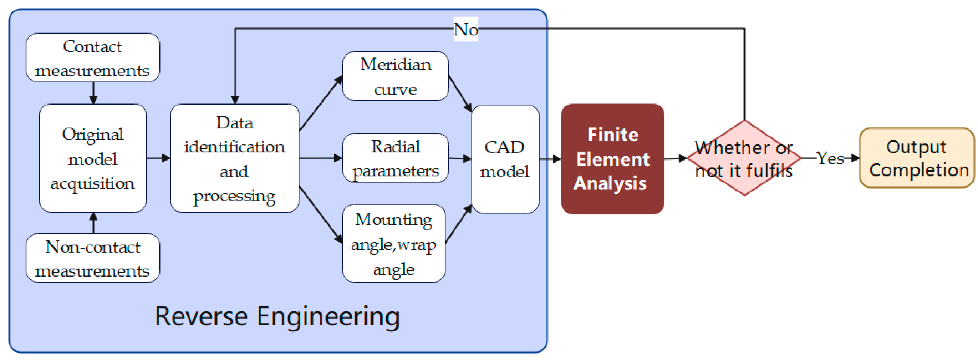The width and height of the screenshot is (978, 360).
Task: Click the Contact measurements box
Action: [x=93, y=57]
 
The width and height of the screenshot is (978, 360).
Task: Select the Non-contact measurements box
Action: [x=93, y=258]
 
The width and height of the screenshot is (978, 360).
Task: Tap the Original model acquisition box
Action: [x=93, y=158]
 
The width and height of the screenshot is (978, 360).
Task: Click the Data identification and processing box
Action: [x=235, y=158]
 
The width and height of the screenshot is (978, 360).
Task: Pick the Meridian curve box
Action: [x=396, y=76]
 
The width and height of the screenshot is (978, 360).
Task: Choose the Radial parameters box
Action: [x=396, y=158]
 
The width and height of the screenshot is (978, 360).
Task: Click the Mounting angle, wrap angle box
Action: [x=394, y=243]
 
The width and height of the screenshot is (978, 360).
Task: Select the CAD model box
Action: [x=505, y=159]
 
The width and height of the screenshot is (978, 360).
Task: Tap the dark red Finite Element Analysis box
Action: [x=612, y=159]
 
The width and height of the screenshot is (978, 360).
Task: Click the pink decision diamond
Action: [x=744, y=158]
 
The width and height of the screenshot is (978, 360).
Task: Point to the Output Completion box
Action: [x=917, y=158]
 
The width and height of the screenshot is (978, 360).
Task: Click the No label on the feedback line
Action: [x=466, y=29]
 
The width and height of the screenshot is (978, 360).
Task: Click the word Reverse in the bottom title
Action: [x=201, y=316]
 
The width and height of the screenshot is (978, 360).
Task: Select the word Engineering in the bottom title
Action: [x=328, y=317]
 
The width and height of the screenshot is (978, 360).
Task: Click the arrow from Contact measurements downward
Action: [x=93, y=93]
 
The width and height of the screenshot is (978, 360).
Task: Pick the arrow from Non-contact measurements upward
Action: [x=93, y=223]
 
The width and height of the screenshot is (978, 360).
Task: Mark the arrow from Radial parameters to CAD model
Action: [x=460, y=158]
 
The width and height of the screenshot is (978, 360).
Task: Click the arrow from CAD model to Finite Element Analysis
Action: [x=550, y=159]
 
